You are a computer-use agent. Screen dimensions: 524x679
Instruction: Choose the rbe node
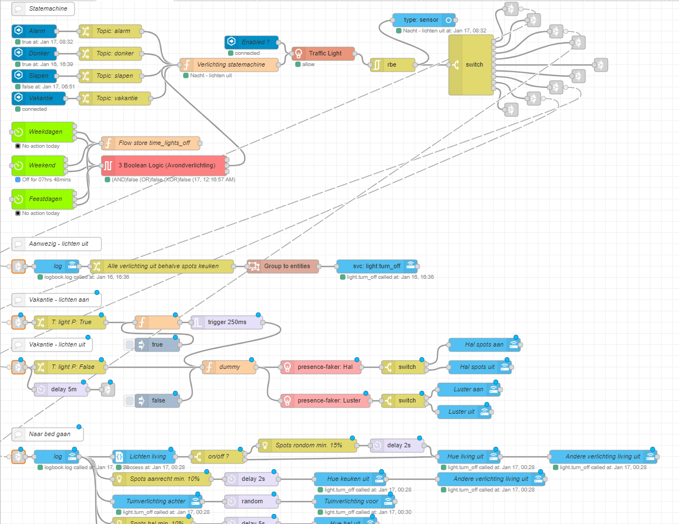point(392,65)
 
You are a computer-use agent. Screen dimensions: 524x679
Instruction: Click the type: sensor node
point(424,20)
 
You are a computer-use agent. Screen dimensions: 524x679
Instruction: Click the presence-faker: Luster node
point(325,401)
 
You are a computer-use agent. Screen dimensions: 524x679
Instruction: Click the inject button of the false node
point(129,401)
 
